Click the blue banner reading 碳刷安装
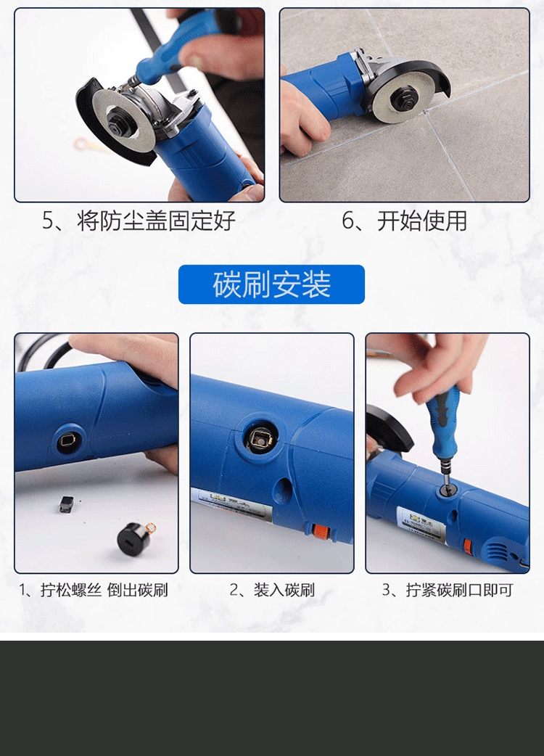pos(271,284)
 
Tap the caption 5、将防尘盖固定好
pos(139,221)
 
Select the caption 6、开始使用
pos(404,221)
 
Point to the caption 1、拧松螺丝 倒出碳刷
pos(94,590)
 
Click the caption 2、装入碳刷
pos(272,590)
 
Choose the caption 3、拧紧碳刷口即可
pos(447,590)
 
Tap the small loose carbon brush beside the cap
pos(66,504)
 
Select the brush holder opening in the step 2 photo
pos(260,437)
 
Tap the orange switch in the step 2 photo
pos(318,533)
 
